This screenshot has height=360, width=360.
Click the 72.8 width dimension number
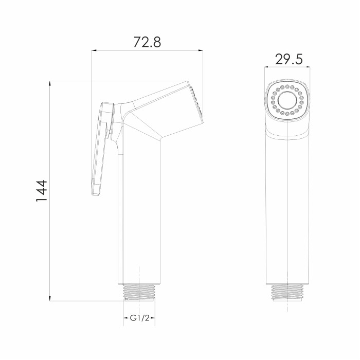[147, 42]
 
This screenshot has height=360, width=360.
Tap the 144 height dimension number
[42, 191]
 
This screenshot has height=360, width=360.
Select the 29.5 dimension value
[289, 59]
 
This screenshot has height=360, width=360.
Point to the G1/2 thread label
[139, 318]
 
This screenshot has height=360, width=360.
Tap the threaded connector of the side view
[139, 292]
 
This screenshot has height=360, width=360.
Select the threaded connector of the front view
[287, 293]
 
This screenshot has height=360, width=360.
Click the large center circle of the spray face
[287, 100]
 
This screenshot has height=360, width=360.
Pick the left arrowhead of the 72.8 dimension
[94, 50]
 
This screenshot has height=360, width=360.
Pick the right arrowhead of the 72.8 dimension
[201, 50]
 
